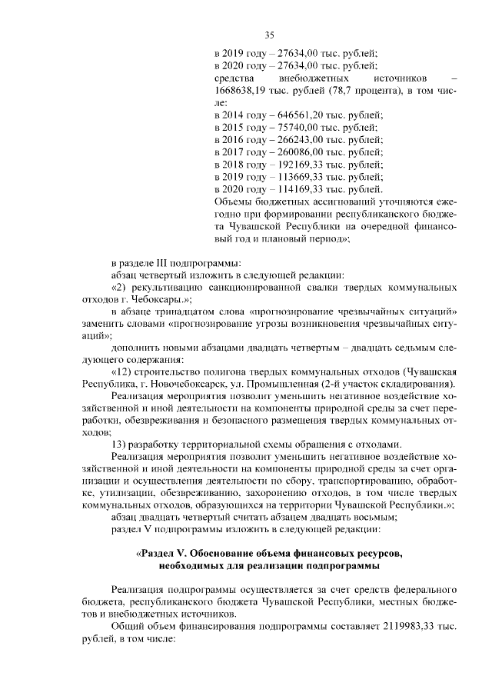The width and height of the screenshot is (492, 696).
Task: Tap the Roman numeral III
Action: tap(168, 262)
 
